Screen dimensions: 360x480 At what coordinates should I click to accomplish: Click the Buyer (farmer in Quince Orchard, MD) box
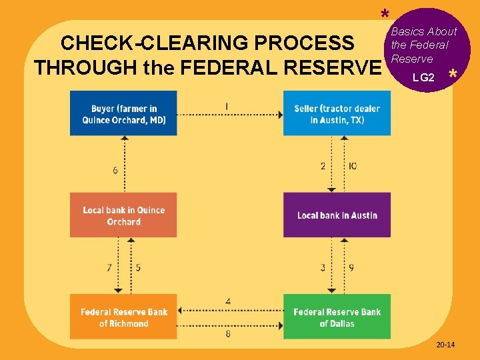124,113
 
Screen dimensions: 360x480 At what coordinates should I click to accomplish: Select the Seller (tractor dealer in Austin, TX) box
337,113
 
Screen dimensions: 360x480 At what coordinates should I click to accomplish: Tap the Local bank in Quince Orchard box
124,215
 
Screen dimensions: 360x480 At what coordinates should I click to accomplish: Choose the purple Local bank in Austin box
337,215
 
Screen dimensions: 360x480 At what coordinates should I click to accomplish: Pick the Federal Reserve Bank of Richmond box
124,317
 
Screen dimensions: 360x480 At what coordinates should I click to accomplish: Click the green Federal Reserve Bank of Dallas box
337,317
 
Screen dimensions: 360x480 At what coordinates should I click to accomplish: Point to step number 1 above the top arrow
227,106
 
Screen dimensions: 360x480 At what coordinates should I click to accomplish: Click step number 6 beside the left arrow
115,170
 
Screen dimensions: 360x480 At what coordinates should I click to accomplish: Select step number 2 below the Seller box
323,165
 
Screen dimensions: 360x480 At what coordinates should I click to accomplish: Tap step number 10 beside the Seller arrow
352,165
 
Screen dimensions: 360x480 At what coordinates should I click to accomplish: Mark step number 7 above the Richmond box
109,267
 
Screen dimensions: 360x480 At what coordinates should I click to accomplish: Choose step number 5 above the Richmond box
138,267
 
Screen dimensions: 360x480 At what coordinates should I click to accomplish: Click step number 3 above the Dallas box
323,267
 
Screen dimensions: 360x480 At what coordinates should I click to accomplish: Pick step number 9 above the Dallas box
351,267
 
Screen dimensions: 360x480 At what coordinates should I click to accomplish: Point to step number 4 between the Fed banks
228,302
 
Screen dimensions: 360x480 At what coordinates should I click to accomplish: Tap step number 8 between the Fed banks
228,333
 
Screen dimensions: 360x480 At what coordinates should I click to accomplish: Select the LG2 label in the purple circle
423,78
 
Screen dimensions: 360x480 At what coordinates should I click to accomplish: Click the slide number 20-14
445,345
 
